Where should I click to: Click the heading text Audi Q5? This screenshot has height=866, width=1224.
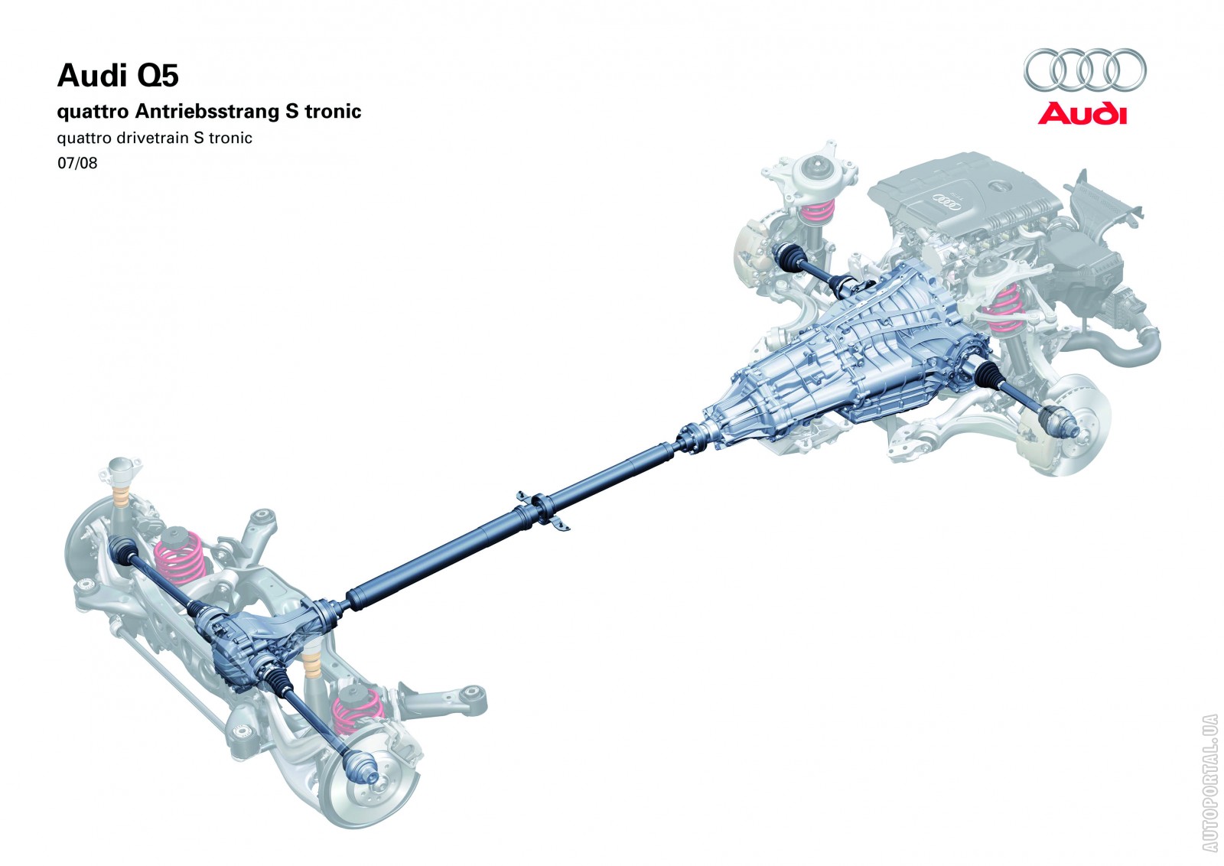click(118, 77)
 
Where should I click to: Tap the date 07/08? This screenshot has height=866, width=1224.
click(77, 163)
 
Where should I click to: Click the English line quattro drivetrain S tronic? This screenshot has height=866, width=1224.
click(155, 138)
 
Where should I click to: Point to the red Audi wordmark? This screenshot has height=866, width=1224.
click(1082, 114)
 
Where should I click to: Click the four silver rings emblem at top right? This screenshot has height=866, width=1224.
click(1085, 70)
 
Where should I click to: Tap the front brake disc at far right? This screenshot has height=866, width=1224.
click(1075, 421)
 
